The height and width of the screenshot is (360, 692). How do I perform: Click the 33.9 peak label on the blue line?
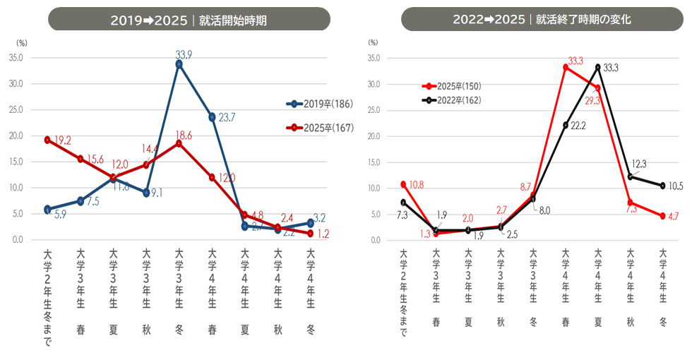pos(184,54)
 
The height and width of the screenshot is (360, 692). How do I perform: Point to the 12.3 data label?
pos(638,164)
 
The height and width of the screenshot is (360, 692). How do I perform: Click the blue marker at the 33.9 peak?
pos(179,64)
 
